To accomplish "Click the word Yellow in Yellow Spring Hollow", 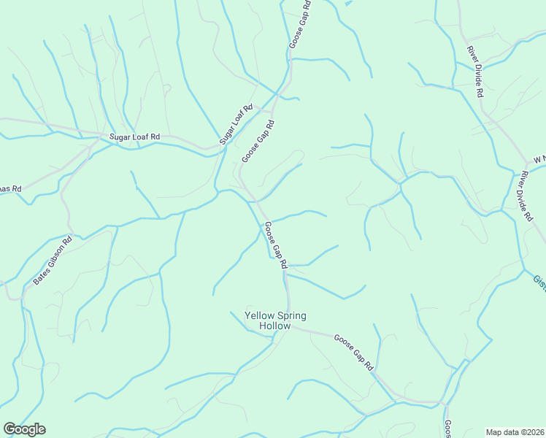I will pyautogui.click(x=259, y=315).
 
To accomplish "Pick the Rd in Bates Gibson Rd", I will pyautogui.click(x=68, y=240).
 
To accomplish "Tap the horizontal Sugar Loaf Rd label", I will pyautogui.click(x=134, y=137).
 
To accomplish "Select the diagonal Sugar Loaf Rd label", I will pyautogui.click(x=236, y=123).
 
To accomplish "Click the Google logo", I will pyautogui.click(x=24, y=429).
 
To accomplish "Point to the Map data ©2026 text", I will pyautogui.click(x=515, y=432).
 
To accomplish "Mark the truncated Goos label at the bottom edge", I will pyautogui.click(x=448, y=428).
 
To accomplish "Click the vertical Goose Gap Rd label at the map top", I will pyautogui.click(x=300, y=24).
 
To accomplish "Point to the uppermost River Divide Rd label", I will pyautogui.click(x=476, y=72).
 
